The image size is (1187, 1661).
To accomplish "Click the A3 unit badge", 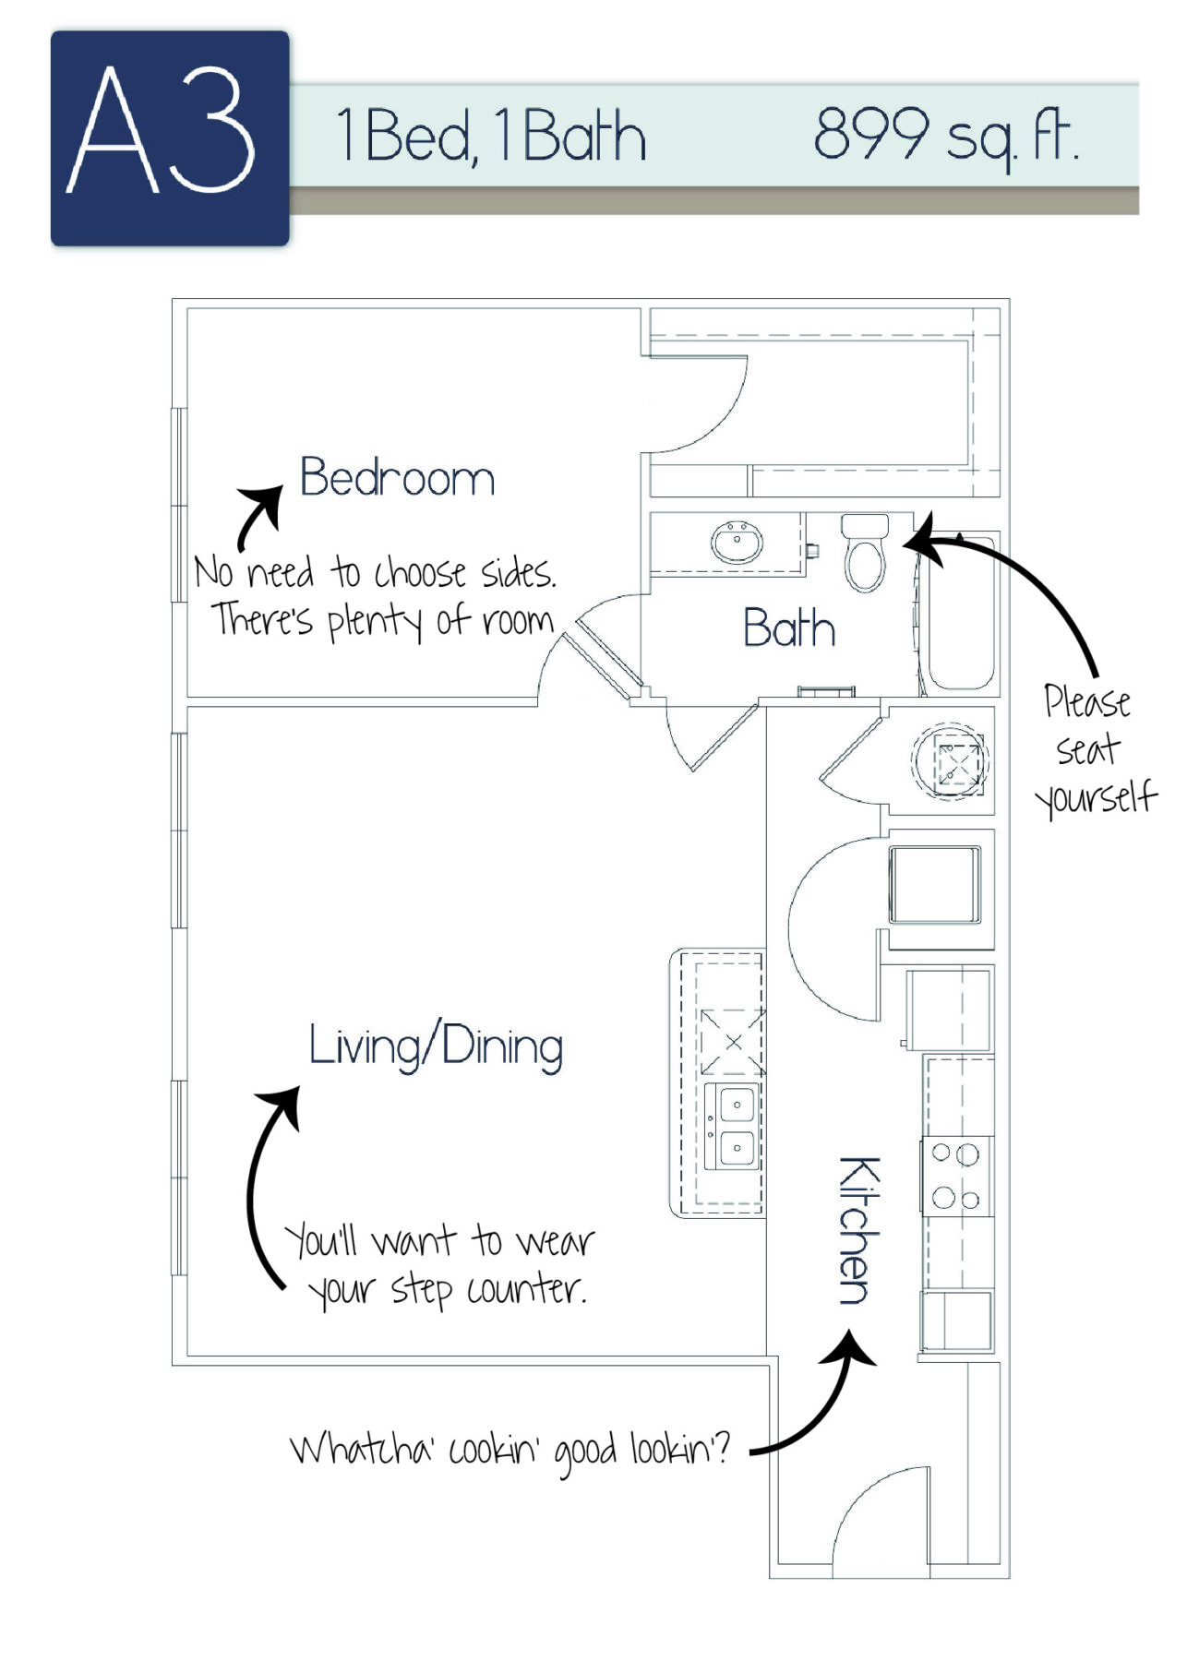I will tap(170, 138).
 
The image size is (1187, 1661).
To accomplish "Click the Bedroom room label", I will tap(397, 478).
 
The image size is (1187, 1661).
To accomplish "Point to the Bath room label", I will tap(789, 628).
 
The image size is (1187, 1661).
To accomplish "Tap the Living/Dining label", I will tap(436, 1046).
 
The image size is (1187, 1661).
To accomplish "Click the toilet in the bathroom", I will tap(865, 554).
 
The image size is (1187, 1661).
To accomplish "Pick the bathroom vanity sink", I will tap(737, 542).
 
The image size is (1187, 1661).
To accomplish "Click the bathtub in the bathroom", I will tap(960, 612).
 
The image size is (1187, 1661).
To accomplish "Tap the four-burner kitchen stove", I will tap(956, 1176).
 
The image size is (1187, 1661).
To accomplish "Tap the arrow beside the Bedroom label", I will tap(258, 517).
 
